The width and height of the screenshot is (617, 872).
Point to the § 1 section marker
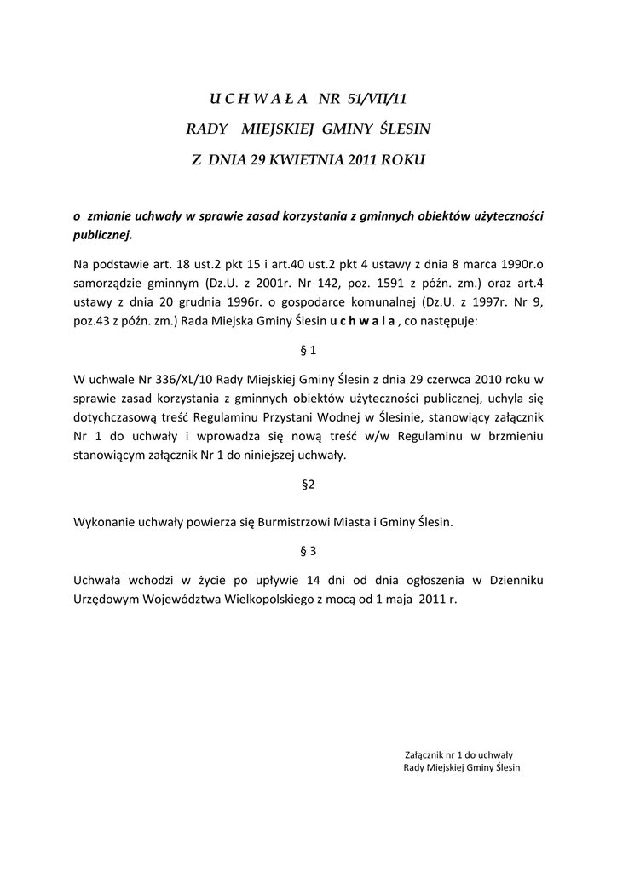coord(308,350)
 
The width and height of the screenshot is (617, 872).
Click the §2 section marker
coord(308,485)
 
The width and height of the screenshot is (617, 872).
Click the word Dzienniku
coord(515,579)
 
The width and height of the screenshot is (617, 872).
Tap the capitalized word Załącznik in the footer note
coord(424,754)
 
